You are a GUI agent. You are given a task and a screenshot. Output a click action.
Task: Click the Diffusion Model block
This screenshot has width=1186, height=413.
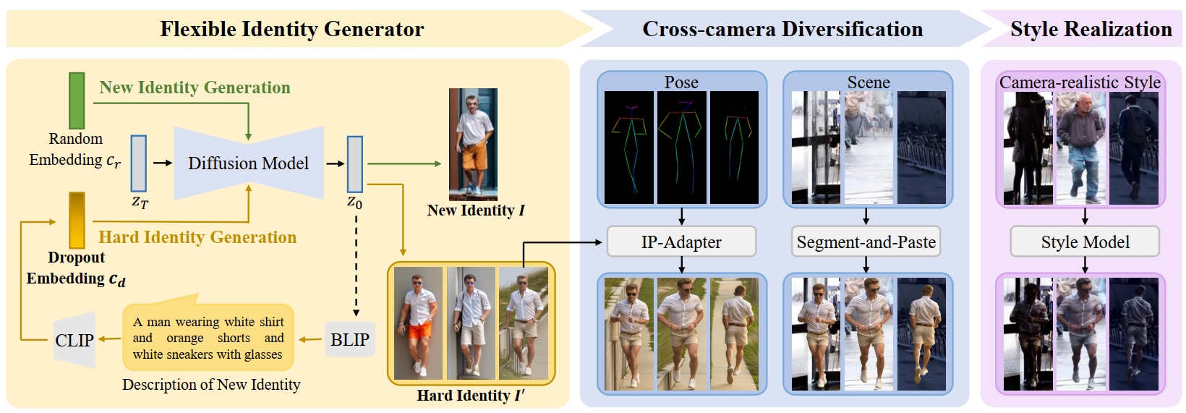point(248,163)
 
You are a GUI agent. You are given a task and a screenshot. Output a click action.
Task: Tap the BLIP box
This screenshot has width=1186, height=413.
point(350,340)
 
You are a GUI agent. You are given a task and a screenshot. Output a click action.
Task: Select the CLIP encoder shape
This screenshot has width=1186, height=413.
point(75,340)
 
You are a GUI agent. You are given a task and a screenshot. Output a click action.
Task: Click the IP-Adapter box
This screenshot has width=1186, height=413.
point(681,242)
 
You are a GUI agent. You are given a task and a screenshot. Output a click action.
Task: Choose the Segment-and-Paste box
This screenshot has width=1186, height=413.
point(866,242)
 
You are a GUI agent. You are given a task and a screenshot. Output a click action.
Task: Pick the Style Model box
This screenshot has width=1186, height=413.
point(1085,242)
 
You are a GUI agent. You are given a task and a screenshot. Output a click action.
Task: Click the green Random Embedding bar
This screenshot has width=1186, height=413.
point(77,101)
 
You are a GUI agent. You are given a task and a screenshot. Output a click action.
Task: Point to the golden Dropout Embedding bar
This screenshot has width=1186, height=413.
point(77,220)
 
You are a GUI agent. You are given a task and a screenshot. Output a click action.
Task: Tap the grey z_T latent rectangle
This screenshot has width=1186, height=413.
point(139,163)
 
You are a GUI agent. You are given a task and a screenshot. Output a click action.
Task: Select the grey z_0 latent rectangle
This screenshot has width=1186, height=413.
point(354,164)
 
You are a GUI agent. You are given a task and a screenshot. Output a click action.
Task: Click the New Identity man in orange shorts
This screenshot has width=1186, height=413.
point(473,144)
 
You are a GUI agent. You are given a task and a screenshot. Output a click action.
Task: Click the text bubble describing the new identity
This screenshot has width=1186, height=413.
point(208,338)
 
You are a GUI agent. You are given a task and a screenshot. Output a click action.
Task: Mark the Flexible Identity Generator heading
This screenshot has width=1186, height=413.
point(291,29)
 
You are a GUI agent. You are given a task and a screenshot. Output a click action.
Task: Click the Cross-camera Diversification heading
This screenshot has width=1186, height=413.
point(782,29)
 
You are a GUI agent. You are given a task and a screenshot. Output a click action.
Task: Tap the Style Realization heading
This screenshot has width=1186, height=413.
point(1091,29)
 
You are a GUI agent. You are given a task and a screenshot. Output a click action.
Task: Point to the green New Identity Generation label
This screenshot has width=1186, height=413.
point(195,88)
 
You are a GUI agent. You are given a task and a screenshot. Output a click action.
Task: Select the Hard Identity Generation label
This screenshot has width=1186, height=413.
point(197,237)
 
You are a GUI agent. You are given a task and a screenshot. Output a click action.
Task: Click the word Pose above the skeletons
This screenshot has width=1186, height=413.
point(681,82)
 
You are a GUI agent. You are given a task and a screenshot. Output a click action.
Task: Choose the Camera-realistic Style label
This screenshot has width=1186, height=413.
point(1080,82)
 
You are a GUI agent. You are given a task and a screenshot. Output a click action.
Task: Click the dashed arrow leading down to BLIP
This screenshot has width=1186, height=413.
point(356,268)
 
